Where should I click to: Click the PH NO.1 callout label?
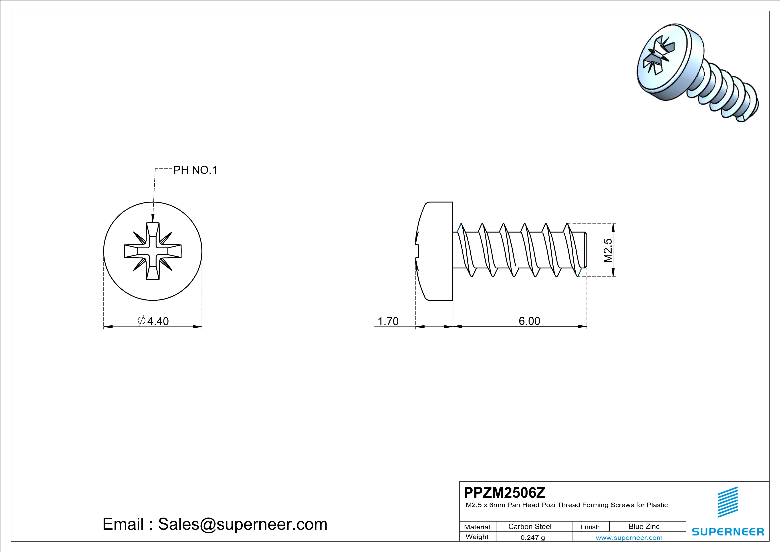[x=195, y=170]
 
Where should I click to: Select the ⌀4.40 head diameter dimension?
[x=153, y=321]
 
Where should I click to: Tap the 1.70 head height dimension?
[x=388, y=321]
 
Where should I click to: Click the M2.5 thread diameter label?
[x=608, y=250]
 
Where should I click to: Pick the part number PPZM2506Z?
[x=504, y=492]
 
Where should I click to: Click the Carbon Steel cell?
[x=530, y=526]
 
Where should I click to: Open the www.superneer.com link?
[x=629, y=537]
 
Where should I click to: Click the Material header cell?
[x=477, y=527]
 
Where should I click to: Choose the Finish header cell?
[x=590, y=527]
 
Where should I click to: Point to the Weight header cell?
[x=477, y=537]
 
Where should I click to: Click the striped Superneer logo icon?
[x=727, y=502]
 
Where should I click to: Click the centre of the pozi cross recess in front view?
[x=153, y=251]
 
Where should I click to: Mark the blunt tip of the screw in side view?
[x=586, y=250]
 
